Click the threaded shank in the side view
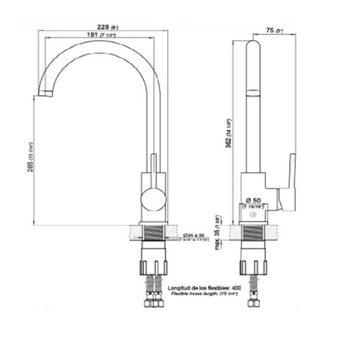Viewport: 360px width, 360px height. [254, 237]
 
